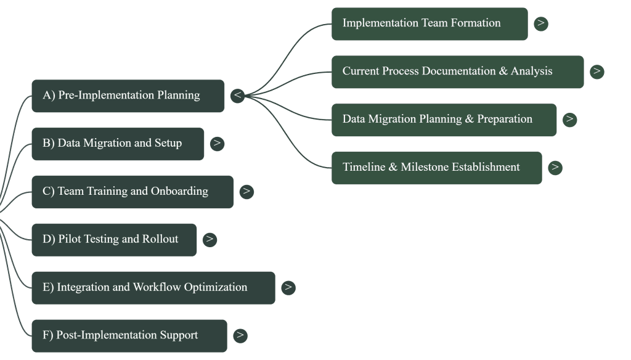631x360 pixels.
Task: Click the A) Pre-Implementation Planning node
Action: [x=128, y=96]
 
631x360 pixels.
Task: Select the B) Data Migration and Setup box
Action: [x=118, y=144]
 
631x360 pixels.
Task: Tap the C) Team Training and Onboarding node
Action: [x=132, y=192]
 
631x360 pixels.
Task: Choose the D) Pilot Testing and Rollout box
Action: [x=114, y=240]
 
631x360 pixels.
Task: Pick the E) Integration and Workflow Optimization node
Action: [x=153, y=288]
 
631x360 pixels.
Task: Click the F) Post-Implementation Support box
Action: [x=129, y=336]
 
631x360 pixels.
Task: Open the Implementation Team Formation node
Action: [x=429, y=24]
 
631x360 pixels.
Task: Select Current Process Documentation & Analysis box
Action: [x=457, y=72]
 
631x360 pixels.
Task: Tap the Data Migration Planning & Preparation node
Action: [x=444, y=120]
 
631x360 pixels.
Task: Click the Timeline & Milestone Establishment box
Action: [x=436, y=168]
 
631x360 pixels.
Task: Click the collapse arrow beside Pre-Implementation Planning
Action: [x=238, y=96]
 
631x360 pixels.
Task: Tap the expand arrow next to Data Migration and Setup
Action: [x=217, y=144]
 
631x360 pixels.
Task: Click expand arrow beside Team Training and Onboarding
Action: [x=246, y=192]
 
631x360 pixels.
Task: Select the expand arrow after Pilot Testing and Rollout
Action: [x=210, y=240]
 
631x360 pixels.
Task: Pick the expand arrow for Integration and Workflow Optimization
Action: [x=288, y=288]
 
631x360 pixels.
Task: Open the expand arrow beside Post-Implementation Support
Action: [x=240, y=336]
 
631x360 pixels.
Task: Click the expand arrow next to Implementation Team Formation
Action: [x=541, y=24]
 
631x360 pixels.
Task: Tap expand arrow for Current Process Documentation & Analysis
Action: [x=596, y=72]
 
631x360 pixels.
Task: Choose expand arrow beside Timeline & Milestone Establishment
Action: [x=555, y=168]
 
